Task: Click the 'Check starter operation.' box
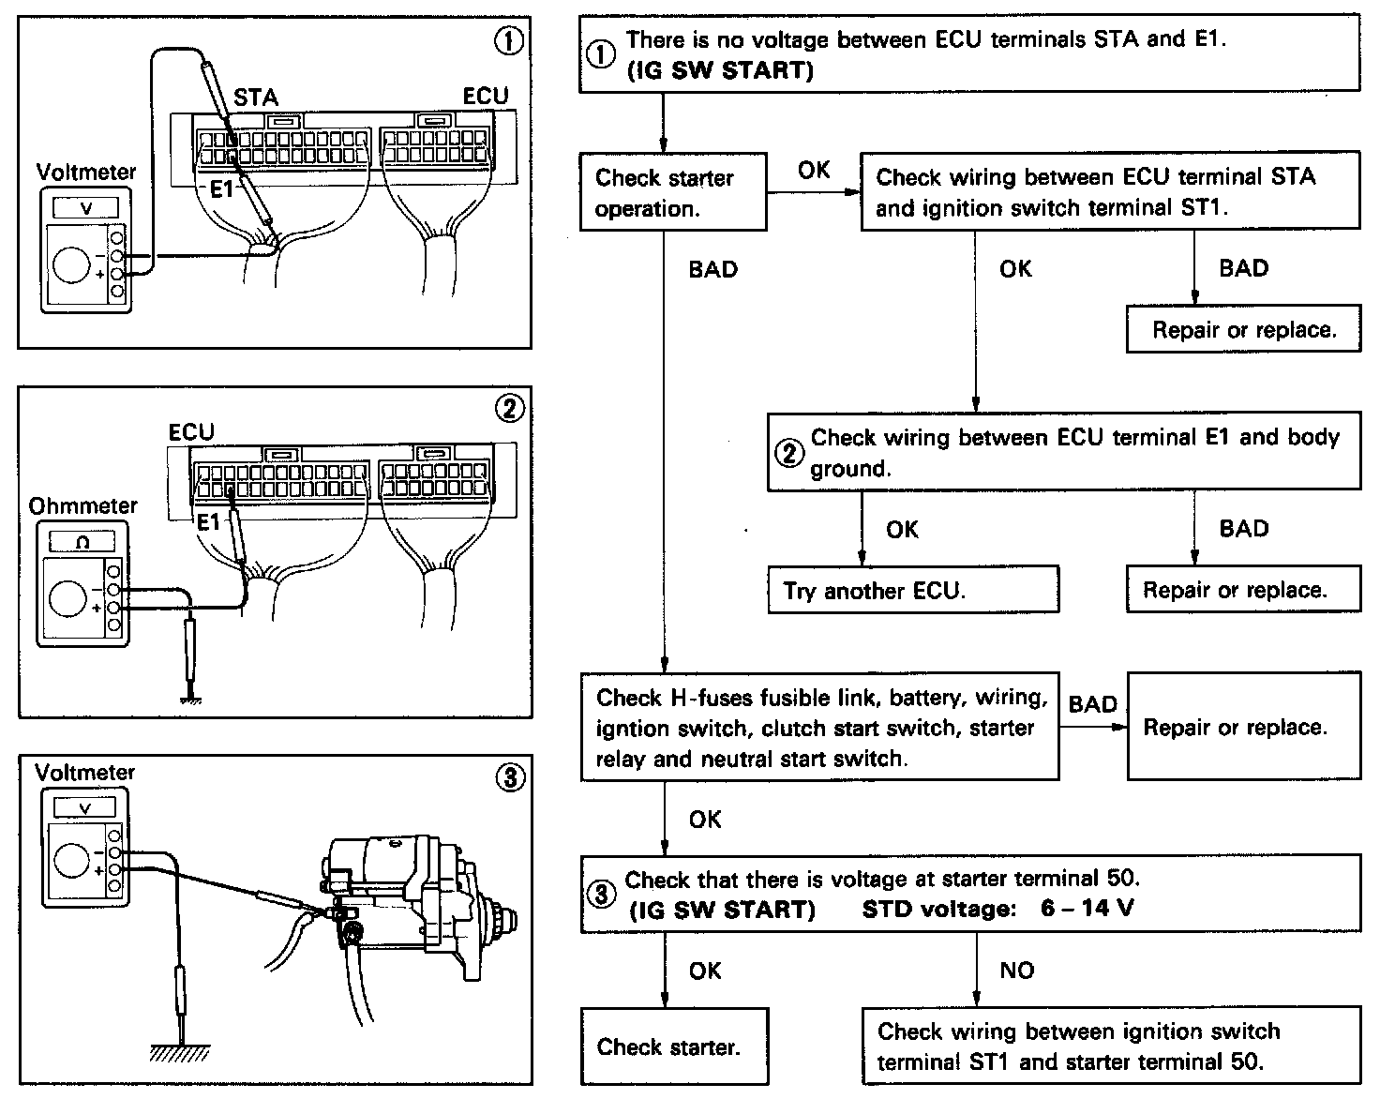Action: click(672, 192)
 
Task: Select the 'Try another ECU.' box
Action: click(912, 590)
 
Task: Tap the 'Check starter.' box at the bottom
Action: click(673, 1046)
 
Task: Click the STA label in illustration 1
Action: click(256, 98)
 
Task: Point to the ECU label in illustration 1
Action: click(486, 96)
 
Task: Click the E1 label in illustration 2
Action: click(208, 521)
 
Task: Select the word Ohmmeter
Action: click(82, 505)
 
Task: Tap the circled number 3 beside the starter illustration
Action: click(509, 776)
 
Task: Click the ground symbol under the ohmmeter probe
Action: click(191, 698)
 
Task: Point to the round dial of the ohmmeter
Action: click(68, 598)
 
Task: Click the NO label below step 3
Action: click(1016, 970)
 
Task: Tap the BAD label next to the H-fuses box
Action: click(1092, 703)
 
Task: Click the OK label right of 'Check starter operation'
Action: click(814, 169)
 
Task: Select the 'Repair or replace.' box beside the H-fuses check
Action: click(1242, 727)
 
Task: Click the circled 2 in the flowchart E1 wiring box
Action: click(789, 453)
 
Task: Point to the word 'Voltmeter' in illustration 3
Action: click(84, 773)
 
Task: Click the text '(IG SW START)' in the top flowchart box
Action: click(719, 70)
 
